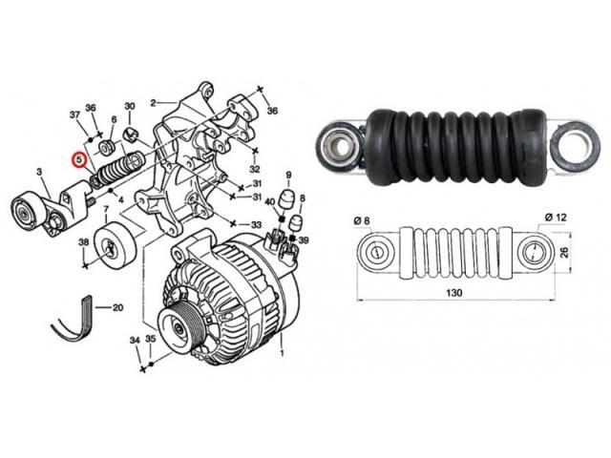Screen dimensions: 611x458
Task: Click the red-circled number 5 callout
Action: coord(79,159)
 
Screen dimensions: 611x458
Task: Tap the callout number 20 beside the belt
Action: coord(117,307)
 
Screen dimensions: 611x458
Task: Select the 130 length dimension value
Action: coord(454,292)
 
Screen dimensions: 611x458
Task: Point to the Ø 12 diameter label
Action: coord(556,217)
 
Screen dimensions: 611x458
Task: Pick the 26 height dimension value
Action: coord(564,252)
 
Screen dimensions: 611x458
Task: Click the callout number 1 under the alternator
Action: coord(283,353)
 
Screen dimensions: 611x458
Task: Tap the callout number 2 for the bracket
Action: coord(153,103)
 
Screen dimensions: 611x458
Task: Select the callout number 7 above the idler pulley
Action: coord(105,210)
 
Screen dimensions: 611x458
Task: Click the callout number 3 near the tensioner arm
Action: coord(39,172)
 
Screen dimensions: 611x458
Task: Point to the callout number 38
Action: coord(84,242)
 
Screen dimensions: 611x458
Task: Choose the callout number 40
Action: coord(270,201)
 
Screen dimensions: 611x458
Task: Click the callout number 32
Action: coord(254,169)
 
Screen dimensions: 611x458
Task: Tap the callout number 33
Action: coord(256,225)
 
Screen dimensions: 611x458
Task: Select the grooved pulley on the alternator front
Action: coord(178,328)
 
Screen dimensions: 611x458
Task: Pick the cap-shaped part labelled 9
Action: coord(288,199)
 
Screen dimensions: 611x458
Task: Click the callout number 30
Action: coord(130,106)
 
